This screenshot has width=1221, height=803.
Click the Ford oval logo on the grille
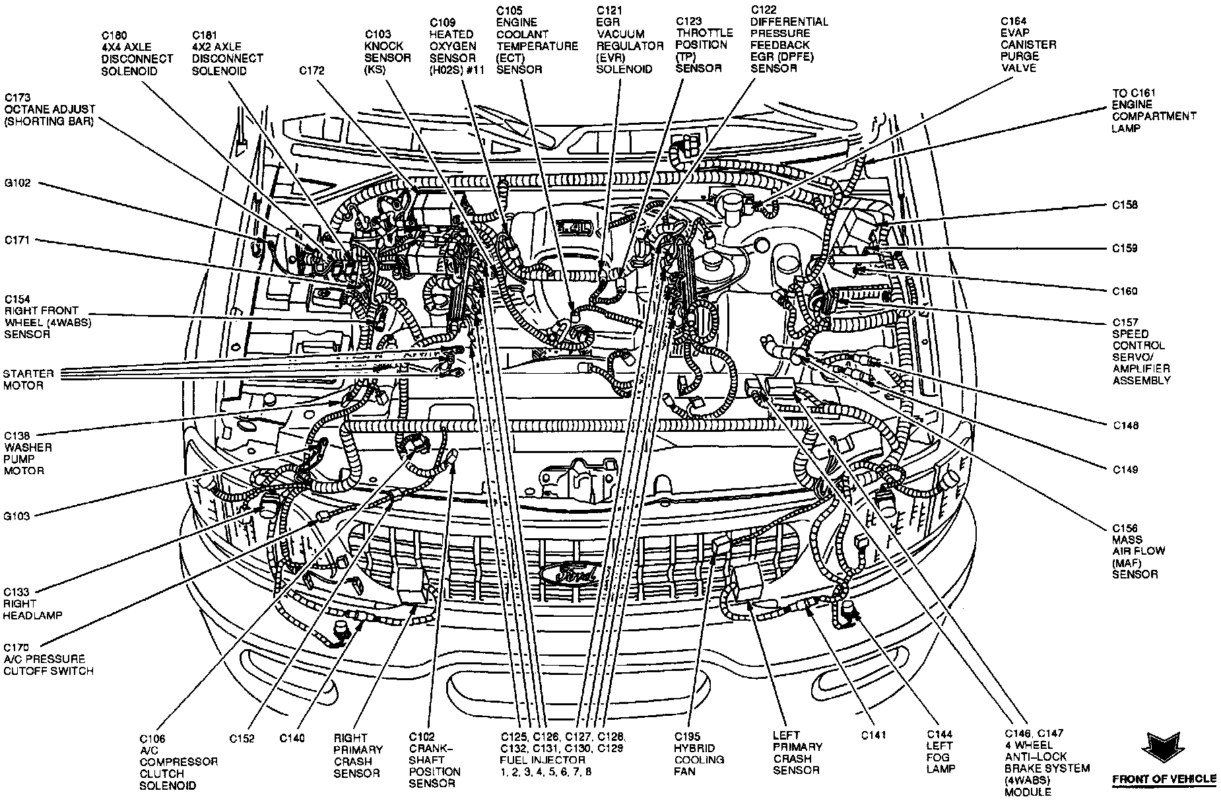pos(569,573)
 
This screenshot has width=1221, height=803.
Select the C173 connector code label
pos(17,97)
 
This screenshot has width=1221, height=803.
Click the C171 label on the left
pos(17,240)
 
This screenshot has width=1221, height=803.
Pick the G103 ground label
pos(17,516)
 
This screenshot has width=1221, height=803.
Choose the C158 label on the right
pos(1125,205)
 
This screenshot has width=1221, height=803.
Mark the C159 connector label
pos(1125,248)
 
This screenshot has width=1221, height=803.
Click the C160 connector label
pos(1125,291)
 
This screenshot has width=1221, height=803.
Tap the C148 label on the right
pos(1125,426)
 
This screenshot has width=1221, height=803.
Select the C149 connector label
pos(1125,470)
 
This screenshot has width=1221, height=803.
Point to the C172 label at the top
pos(312,71)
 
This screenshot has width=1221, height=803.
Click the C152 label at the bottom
pos(242,739)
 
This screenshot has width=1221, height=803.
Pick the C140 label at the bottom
pos(292,739)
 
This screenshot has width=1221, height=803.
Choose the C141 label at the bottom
pos(873,735)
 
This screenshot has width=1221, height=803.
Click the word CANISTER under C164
pos(1028,45)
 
